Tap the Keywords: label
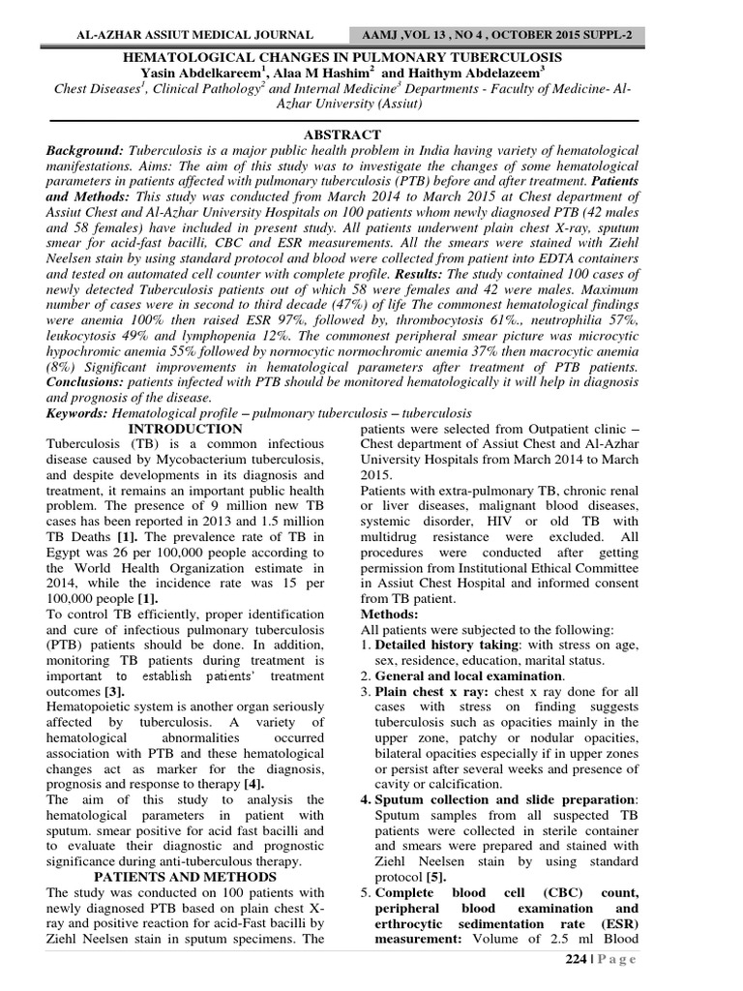[x=78, y=413]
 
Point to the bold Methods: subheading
[x=389, y=615]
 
